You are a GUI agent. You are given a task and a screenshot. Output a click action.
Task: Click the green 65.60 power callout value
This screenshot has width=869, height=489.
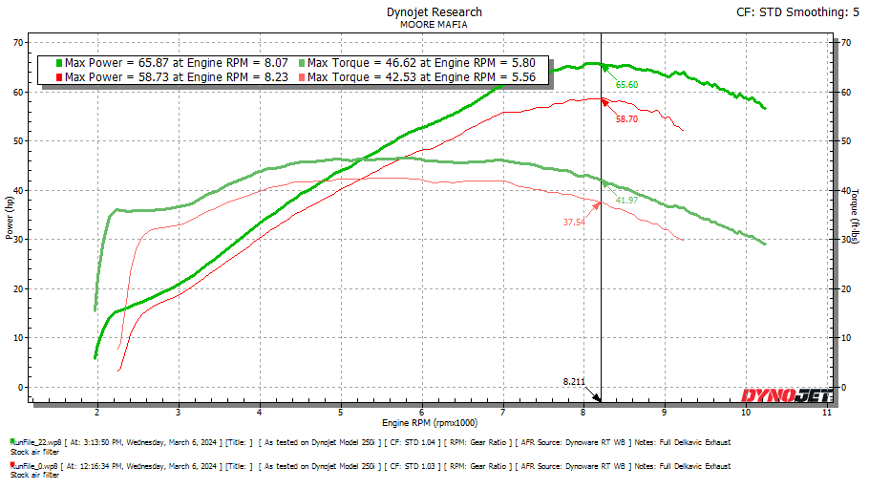click(626, 85)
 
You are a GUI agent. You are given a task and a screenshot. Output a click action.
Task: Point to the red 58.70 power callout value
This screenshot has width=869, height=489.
click(626, 119)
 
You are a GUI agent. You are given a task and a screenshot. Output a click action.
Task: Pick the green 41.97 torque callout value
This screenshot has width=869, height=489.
click(626, 201)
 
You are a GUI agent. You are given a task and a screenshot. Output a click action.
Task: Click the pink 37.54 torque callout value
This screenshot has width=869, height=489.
click(574, 223)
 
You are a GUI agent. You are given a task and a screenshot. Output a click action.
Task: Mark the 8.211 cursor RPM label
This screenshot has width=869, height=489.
click(574, 381)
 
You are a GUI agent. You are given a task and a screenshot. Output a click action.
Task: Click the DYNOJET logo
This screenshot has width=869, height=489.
click(787, 394)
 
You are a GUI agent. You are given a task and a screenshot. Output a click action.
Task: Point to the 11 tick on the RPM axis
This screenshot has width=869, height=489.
click(827, 413)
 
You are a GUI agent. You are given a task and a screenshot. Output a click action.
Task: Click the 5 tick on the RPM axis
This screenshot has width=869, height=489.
click(341, 413)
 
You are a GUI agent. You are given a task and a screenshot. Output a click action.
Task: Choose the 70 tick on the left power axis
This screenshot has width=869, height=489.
click(18, 43)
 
